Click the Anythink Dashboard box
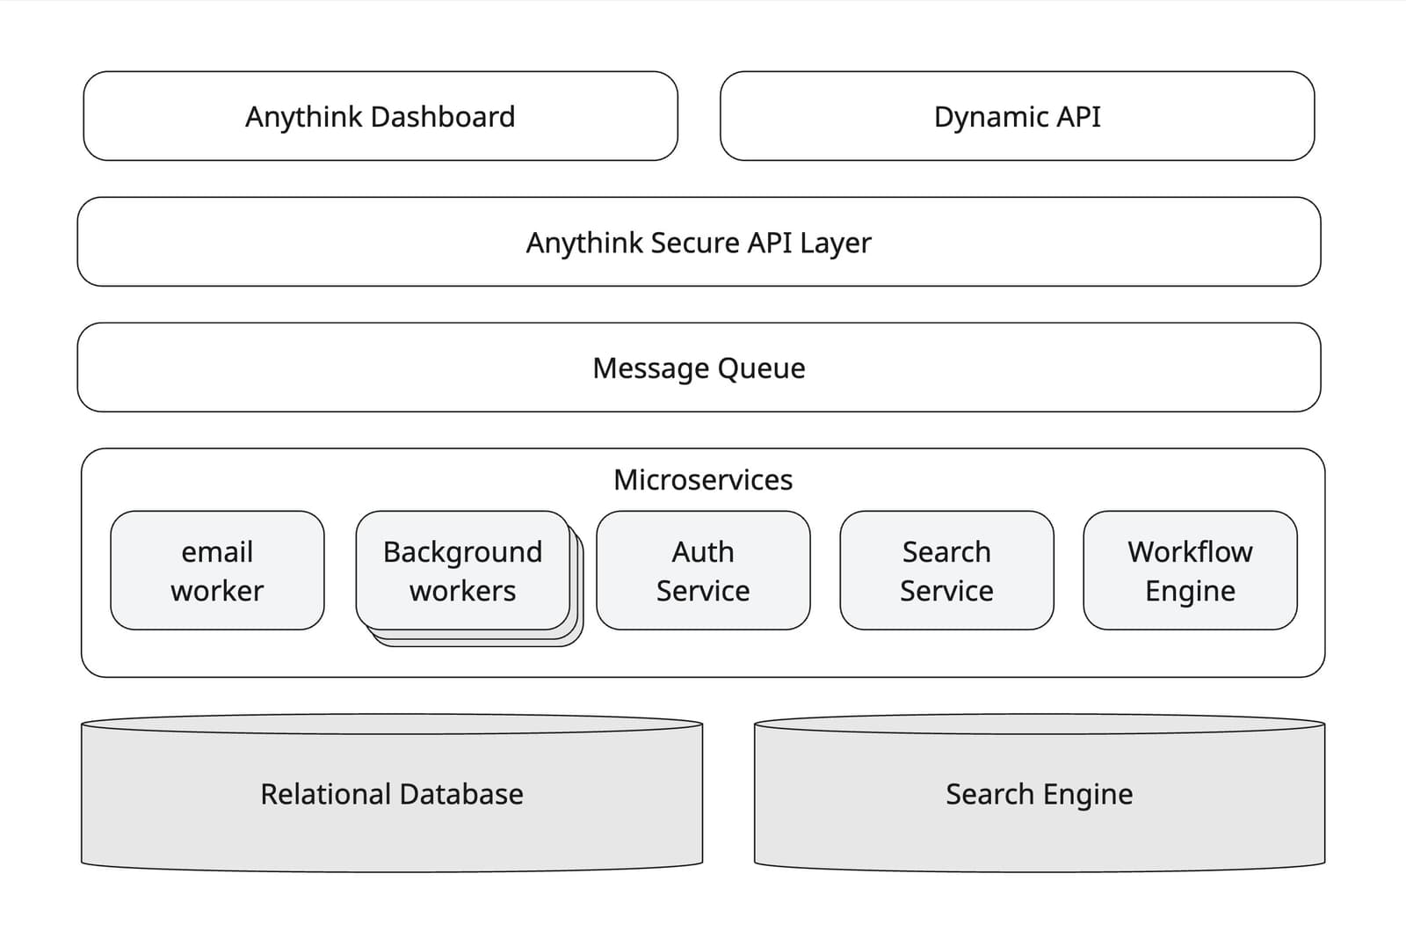380,116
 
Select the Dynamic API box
1017,116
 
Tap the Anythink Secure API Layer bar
699,242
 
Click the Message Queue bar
699,368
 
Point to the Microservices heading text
703,480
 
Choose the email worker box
217,571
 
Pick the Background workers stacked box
463,571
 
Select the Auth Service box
703,571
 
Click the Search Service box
946,571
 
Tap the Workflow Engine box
1190,571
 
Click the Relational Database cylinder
392,794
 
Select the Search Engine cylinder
1039,794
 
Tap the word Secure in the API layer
694,243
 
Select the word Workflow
1190,551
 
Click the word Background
463,552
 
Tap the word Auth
703,551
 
